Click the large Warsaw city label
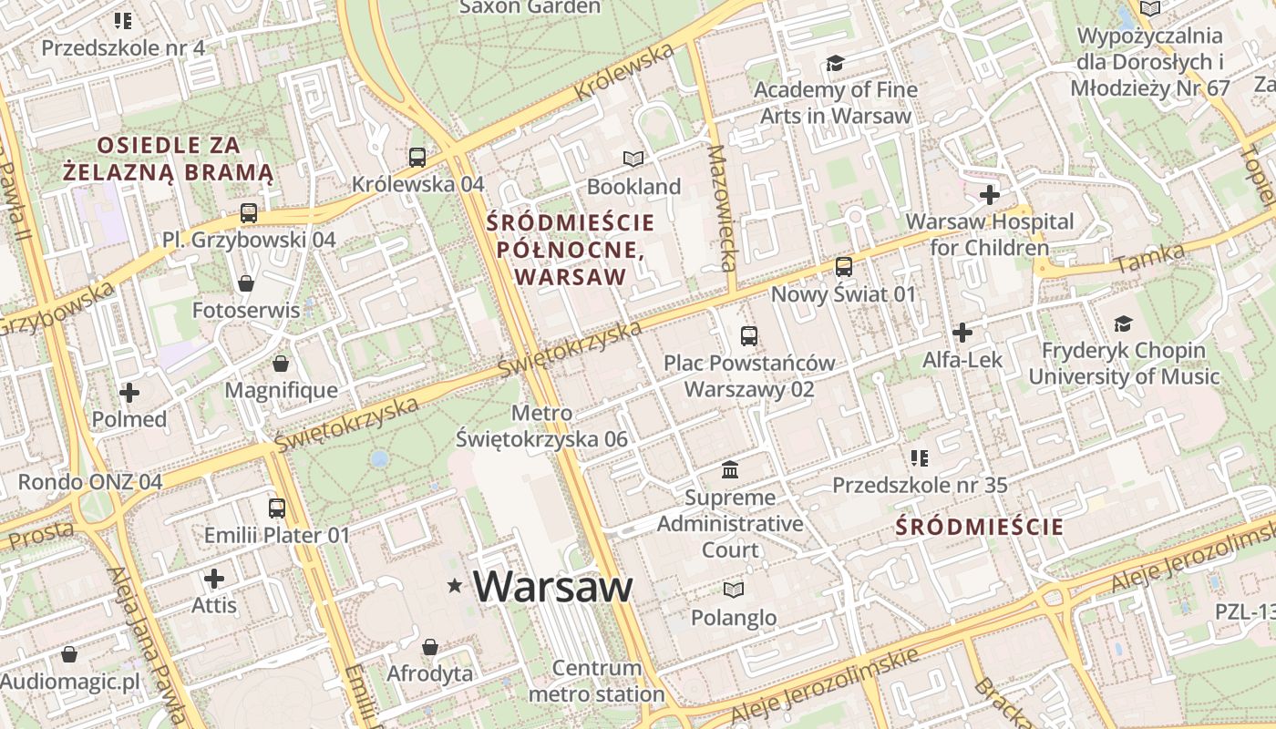(x=552, y=586)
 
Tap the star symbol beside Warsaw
(x=455, y=586)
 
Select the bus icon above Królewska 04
(x=417, y=158)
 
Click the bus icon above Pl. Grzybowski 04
(x=249, y=213)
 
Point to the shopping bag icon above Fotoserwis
(x=245, y=283)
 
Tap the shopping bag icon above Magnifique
(x=281, y=364)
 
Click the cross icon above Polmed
(x=129, y=393)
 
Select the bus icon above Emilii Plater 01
(x=276, y=508)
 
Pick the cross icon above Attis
(x=214, y=579)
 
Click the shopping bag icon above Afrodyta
(x=430, y=647)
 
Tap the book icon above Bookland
(x=633, y=159)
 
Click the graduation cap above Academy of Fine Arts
(x=835, y=63)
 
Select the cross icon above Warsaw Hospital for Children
(x=990, y=194)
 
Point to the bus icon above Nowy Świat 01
(x=844, y=267)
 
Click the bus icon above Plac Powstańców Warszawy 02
(x=749, y=336)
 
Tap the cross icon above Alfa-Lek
(x=962, y=333)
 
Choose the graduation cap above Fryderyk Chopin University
(x=1123, y=323)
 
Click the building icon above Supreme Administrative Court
(x=730, y=470)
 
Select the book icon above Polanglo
(x=734, y=590)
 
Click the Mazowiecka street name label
(x=721, y=208)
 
